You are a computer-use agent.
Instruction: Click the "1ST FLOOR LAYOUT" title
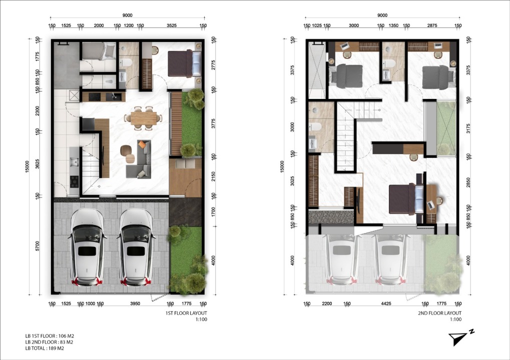point(186,313)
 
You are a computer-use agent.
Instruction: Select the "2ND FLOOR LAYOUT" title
point(439,313)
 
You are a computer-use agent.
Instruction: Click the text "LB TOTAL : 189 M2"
point(45,348)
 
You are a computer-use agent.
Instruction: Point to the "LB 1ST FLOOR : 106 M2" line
point(50,336)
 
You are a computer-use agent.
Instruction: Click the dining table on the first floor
point(144,118)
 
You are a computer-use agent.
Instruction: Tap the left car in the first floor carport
point(87,247)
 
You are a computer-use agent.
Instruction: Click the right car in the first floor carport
point(136,247)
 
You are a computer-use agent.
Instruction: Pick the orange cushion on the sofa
point(142,144)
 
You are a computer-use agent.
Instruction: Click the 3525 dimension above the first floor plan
point(171,25)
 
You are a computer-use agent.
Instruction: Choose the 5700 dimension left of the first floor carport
point(38,245)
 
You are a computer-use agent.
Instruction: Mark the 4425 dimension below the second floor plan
point(386,303)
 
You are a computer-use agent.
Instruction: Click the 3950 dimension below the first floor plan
point(135,303)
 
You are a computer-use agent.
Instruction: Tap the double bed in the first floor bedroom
point(185,63)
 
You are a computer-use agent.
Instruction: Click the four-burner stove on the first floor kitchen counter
point(75,182)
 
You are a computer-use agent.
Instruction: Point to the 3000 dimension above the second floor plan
point(353,25)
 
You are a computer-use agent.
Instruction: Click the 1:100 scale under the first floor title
point(201,319)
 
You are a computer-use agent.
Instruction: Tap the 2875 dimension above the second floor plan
point(432,25)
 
